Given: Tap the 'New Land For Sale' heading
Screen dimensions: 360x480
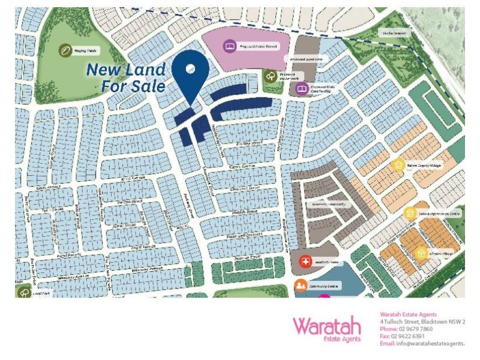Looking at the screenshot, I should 125,77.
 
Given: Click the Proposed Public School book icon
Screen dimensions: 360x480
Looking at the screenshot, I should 229,46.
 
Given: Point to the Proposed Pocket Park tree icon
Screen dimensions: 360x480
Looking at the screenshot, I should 271,76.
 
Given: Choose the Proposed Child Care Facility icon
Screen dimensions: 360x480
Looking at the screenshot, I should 302,89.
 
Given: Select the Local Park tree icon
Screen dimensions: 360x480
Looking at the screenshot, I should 24,293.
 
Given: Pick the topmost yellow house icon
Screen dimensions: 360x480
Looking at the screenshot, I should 397,164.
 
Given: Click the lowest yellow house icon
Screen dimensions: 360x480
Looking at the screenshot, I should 421,254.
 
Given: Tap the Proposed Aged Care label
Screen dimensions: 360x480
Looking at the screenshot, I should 307,59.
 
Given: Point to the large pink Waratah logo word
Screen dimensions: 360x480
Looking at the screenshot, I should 327,326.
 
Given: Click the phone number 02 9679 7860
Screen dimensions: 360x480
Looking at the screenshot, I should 415,329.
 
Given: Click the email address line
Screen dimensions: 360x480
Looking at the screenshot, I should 422,343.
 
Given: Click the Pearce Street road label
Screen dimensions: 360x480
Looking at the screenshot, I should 247,257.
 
